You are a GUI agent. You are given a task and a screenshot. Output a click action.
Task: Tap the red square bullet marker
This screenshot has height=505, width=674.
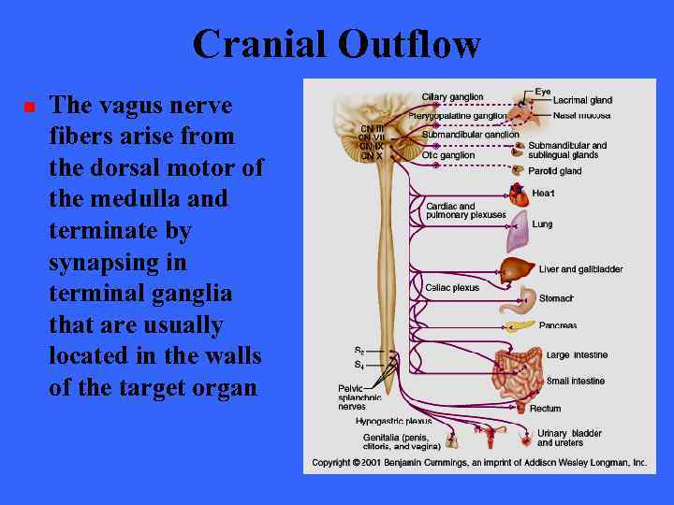(29, 107)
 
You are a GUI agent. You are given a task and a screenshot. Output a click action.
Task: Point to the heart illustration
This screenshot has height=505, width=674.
(518, 195)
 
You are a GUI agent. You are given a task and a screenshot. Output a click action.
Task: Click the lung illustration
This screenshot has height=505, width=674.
(517, 235)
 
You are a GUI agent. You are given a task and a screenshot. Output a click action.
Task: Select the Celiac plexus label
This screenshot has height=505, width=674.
(452, 287)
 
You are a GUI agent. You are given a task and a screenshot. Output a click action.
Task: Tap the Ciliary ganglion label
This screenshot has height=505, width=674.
(452, 96)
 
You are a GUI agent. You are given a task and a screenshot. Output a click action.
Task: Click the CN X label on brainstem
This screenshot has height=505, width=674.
(372, 156)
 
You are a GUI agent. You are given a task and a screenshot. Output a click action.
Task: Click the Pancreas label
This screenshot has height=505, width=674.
(558, 325)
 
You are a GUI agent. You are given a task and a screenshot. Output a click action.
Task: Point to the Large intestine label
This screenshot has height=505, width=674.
(576, 355)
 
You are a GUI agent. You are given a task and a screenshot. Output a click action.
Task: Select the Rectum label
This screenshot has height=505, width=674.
(545, 409)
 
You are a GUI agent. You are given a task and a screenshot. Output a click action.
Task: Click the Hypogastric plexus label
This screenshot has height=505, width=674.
(393, 422)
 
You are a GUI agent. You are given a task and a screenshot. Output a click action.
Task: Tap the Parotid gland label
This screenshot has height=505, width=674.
(555, 171)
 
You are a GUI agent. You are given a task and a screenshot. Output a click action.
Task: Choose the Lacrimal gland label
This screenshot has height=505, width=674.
(582, 100)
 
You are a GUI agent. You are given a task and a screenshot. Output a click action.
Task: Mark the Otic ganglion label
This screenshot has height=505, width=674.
(448, 155)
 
